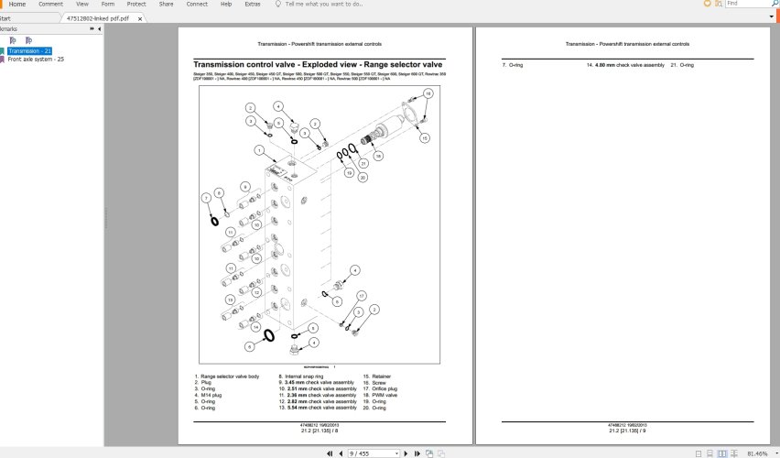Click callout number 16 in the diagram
click(x=427, y=93)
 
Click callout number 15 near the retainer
click(x=424, y=137)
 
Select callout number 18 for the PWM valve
click(x=377, y=156)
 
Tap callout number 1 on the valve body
click(x=259, y=149)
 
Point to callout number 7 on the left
click(x=206, y=198)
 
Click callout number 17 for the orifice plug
click(x=362, y=295)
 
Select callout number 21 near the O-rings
click(x=363, y=163)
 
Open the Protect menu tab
click(x=135, y=5)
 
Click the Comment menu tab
click(x=50, y=5)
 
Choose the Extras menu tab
click(x=253, y=5)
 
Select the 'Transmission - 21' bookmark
click(x=29, y=50)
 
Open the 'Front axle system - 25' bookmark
click(x=36, y=59)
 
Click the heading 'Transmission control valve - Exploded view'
click(x=318, y=65)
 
